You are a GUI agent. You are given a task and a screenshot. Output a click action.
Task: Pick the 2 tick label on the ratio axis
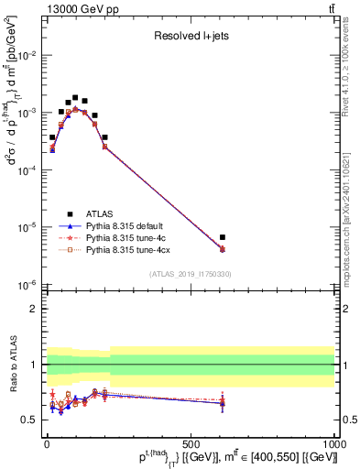coord(35,309)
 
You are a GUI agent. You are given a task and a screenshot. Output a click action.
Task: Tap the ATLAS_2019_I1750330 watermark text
coord(191,274)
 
